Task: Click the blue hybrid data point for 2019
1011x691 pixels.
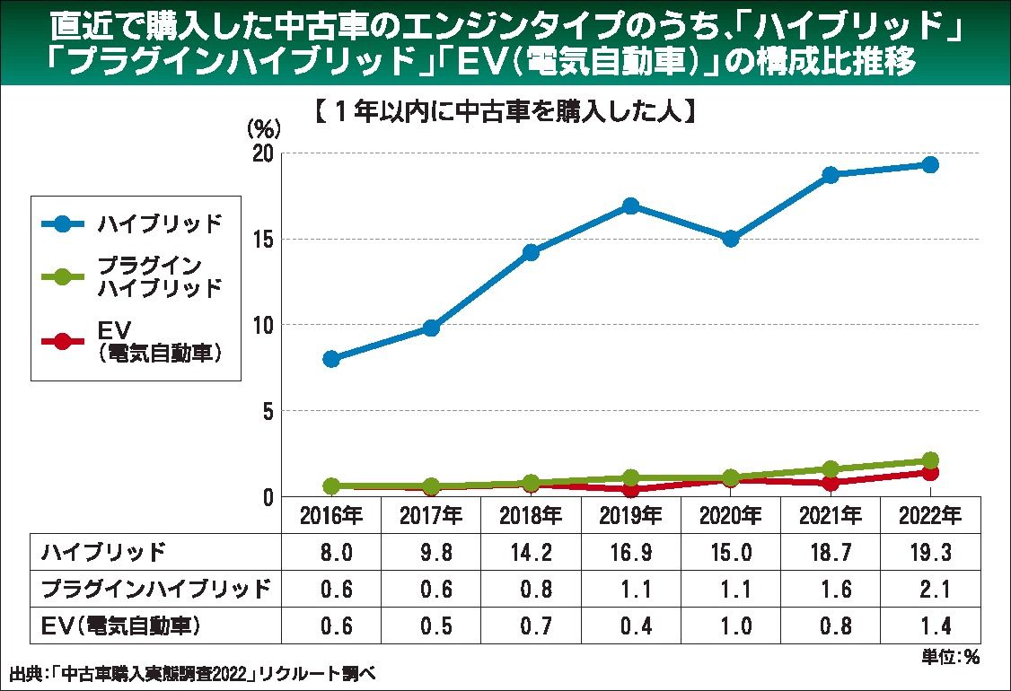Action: [x=630, y=206]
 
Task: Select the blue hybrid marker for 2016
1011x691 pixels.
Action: [x=330, y=359]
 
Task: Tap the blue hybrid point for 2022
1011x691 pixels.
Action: [x=930, y=164]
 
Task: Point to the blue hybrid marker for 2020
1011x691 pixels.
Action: [x=730, y=239]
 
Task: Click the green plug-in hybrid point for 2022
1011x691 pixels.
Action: [x=930, y=460]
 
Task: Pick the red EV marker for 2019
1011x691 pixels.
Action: [x=630, y=489]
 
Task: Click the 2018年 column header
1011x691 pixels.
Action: [x=531, y=516]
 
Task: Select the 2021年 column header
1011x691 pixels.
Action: [x=830, y=516]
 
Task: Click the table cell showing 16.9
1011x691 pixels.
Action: [x=630, y=552]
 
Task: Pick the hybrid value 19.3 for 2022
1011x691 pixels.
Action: [x=930, y=552]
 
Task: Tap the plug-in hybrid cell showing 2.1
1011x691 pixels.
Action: [x=930, y=589]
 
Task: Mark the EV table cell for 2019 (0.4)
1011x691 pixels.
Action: [x=630, y=625]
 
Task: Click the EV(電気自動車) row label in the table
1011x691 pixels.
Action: [x=121, y=625]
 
